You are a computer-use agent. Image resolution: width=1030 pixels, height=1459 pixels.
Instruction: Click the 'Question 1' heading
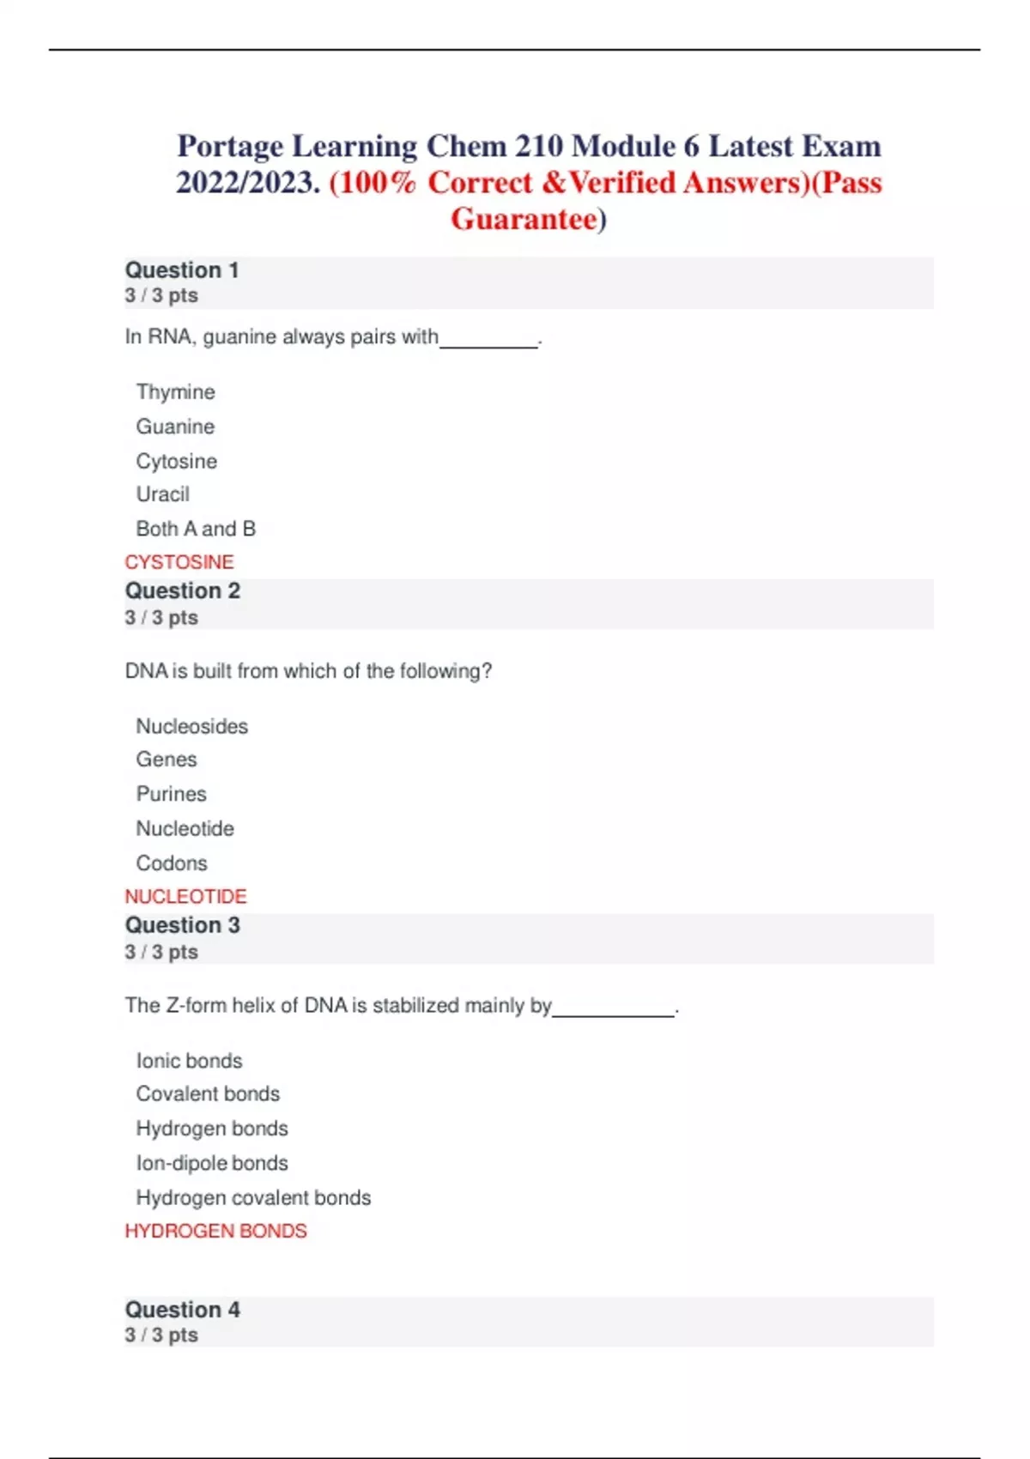182,270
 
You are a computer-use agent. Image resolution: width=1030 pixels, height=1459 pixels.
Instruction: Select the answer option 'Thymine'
175,392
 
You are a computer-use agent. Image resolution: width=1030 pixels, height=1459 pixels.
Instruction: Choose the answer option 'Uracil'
162,494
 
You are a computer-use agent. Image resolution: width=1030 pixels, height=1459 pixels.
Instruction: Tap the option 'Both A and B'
196,529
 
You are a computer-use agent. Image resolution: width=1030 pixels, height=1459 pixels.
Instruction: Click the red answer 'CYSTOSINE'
179,562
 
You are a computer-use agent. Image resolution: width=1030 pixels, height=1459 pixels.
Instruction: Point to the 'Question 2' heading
183,591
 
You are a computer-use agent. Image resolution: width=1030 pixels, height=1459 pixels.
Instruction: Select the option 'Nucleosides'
191,726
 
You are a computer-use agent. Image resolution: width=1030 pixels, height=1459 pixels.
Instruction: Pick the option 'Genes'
167,760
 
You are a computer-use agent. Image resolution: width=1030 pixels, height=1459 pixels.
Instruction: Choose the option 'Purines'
171,794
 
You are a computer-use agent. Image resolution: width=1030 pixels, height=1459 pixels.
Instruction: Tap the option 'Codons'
172,863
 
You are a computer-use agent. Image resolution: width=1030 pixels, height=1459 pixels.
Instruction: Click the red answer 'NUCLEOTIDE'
185,897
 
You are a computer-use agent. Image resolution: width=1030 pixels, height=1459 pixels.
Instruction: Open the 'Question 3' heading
183,925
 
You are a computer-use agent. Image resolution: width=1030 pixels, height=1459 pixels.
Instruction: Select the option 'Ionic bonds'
189,1061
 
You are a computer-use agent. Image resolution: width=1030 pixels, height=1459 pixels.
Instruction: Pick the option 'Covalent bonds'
208,1094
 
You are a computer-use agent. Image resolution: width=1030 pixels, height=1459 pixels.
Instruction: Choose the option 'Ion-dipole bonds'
212,1163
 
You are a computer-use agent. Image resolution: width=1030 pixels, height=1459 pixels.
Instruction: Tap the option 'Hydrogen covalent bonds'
253,1197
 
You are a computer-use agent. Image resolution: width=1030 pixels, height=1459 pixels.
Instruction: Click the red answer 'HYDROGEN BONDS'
215,1231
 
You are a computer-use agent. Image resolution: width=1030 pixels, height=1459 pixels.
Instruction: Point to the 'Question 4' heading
183,1310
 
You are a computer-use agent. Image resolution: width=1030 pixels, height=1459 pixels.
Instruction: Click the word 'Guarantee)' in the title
529,219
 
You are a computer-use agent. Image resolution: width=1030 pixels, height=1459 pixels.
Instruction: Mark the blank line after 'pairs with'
488,344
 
